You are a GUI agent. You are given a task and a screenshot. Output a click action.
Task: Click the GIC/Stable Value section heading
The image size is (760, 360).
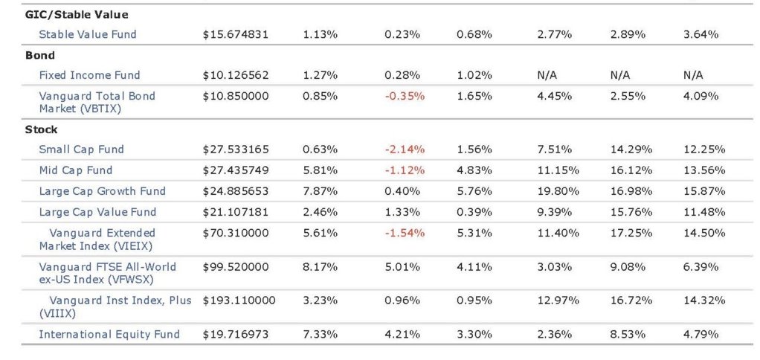point(77,15)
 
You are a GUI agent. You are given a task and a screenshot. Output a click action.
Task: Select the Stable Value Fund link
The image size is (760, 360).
point(88,34)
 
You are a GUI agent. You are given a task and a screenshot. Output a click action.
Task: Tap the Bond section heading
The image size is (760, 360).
point(39,55)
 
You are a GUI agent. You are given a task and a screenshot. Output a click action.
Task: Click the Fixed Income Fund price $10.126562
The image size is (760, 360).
point(236,75)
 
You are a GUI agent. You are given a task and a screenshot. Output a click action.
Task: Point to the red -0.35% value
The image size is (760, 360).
point(405,96)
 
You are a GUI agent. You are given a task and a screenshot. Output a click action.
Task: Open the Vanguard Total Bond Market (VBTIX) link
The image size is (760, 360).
point(97,102)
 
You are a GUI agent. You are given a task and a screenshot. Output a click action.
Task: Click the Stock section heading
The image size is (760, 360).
point(41,130)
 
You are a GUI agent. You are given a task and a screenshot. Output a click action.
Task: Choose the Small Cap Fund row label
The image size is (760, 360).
point(82,150)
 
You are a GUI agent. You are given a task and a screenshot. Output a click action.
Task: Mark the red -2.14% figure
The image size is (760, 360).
point(405,150)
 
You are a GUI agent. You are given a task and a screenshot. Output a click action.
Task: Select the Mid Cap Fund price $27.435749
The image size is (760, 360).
point(236,170)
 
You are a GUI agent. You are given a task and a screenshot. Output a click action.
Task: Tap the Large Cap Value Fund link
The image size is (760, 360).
point(98,212)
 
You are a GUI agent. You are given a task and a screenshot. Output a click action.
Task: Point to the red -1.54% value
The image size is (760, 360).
point(405,233)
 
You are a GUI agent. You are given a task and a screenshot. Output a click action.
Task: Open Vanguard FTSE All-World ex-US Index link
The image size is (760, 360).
point(108,273)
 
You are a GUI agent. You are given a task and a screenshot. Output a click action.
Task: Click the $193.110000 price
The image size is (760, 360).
point(239,300)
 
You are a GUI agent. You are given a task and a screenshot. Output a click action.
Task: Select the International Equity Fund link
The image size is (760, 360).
point(109,334)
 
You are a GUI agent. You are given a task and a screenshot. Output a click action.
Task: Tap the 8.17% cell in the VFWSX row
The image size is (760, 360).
point(320,267)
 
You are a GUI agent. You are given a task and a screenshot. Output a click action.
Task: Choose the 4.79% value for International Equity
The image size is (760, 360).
point(701,334)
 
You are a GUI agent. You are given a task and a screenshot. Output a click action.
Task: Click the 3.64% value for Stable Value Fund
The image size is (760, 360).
point(701,34)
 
